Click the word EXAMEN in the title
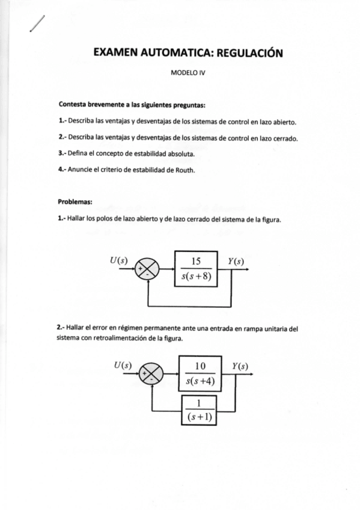[x=115, y=53]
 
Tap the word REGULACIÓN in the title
[x=249, y=53]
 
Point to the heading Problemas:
[x=75, y=201]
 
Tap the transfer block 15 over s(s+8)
[x=195, y=269]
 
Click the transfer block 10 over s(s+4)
[x=201, y=372]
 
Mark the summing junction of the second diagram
[x=151, y=375]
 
